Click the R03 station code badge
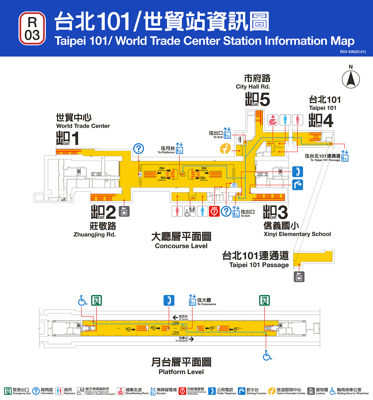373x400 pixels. coord(32,28)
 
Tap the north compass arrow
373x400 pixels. coord(351,79)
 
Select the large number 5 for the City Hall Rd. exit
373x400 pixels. coord(264,99)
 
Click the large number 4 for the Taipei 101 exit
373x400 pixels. coord(328,120)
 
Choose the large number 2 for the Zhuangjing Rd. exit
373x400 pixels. coord(111,212)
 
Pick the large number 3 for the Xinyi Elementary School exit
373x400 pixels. coord(282,212)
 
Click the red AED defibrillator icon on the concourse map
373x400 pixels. coord(214,211)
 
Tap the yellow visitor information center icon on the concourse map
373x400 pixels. coord(225,149)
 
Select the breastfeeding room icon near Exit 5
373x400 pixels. coord(273,120)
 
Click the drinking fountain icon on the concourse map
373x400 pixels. coord(298,185)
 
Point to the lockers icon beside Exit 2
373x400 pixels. coord(124,211)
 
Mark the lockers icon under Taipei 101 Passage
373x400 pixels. coord(299,277)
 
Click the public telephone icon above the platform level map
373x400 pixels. coord(169,301)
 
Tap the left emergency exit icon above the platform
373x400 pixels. coord(96,301)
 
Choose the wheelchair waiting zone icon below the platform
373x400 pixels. coord(267,355)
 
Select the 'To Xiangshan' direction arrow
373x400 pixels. coord(191,339)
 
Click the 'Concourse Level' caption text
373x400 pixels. coord(181,246)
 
